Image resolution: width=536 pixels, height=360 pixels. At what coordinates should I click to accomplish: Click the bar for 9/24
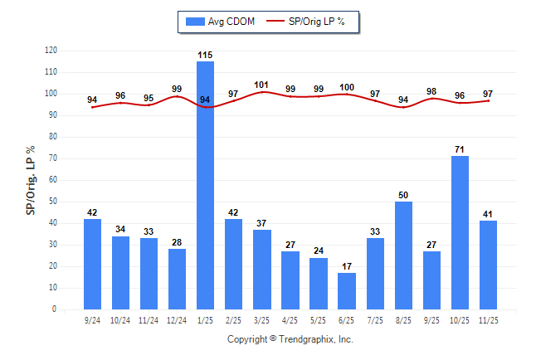pos(92,264)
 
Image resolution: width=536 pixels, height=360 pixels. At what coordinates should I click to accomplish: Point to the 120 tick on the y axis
pos(51,51)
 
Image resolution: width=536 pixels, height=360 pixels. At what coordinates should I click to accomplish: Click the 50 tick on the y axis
pos(53,202)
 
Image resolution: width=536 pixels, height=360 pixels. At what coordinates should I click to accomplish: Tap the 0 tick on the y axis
pos(55,309)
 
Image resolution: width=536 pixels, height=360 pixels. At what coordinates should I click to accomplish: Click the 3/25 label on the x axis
pos(261,320)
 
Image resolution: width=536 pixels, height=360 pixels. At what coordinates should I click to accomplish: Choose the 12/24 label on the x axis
pos(177,320)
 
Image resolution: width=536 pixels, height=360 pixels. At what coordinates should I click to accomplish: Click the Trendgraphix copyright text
pos(290,339)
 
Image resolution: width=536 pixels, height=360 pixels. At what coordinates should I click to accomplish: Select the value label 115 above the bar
pos(205,55)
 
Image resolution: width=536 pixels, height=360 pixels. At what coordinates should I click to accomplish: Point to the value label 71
pos(460,149)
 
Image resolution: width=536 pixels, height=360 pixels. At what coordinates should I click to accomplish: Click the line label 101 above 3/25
pos(261,84)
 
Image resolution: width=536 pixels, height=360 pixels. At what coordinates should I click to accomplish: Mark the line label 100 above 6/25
pos(346,86)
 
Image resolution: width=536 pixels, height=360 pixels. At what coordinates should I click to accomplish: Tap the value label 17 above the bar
pos(346,266)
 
